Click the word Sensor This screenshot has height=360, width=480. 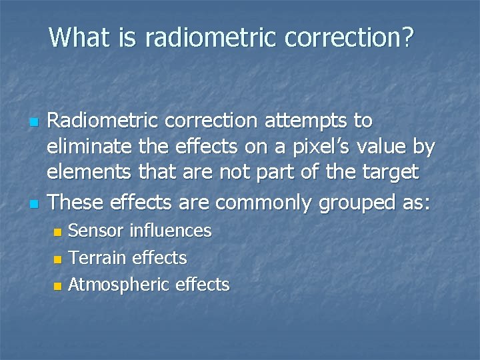coord(96,231)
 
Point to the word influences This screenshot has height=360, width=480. coord(171,231)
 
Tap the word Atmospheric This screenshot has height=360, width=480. coord(118,285)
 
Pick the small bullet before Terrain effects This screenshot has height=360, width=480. coord(57,259)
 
